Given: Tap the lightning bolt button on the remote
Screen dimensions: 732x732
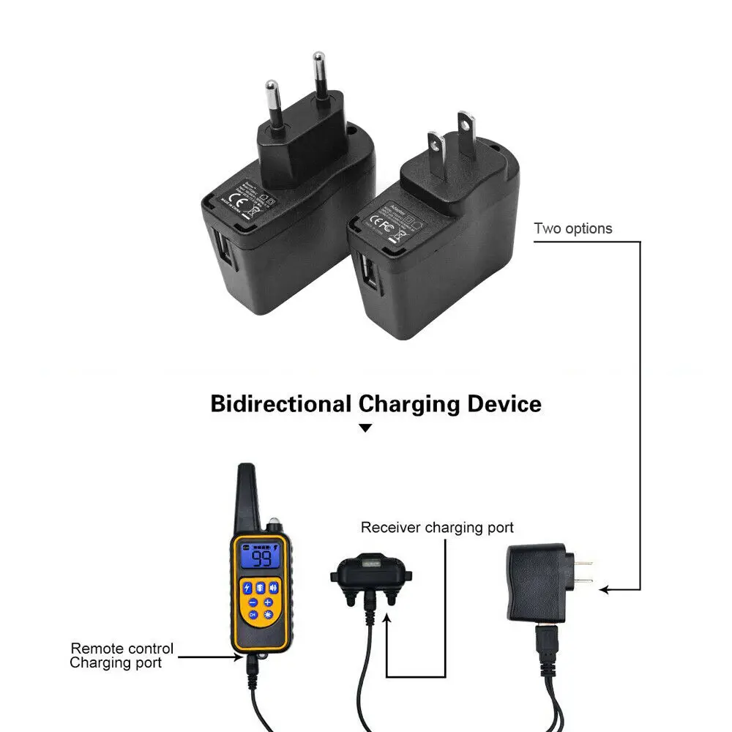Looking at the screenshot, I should tap(248, 587).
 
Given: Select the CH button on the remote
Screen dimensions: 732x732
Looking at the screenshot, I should tap(253, 615).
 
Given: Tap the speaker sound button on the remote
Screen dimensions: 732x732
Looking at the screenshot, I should tap(274, 587).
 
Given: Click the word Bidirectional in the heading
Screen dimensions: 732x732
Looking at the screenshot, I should tap(280, 403).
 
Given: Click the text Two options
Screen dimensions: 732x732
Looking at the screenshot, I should tap(573, 228).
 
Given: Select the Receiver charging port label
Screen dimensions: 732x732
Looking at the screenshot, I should tap(437, 527).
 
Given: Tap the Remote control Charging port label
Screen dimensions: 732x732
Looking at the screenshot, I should tap(122, 655).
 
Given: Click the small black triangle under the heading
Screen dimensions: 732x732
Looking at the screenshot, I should tap(365, 427).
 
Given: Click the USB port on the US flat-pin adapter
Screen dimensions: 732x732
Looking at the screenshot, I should tap(367, 273).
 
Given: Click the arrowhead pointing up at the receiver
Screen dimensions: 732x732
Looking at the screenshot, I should tap(386, 618).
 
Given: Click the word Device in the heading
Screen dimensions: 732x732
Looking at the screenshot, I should tap(505, 403).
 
